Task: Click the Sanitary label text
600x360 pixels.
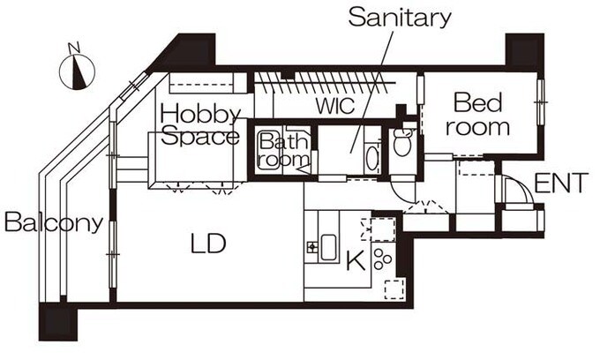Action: pos(400,19)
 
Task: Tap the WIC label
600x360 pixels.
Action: pos(335,106)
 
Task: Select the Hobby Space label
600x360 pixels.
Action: pos(200,125)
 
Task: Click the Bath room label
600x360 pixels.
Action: pos(283,151)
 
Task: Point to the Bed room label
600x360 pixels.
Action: pos(477,115)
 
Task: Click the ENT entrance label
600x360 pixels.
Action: pos(560,184)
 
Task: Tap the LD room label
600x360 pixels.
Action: pos(208,244)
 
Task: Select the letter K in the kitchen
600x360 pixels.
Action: pos(356,261)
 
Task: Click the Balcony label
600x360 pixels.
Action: pos(54,221)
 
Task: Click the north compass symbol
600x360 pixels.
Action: pos(77,72)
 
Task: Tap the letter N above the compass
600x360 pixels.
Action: pos(74,48)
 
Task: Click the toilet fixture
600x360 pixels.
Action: pos(402,140)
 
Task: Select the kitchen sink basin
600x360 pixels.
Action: pos(328,248)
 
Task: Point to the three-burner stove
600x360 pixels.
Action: pos(382,259)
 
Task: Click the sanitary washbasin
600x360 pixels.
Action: pos(371,161)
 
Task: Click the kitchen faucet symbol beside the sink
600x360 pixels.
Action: pos(311,247)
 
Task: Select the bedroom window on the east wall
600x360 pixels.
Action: pos(541,101)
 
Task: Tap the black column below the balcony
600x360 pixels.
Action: pos(58,322)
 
